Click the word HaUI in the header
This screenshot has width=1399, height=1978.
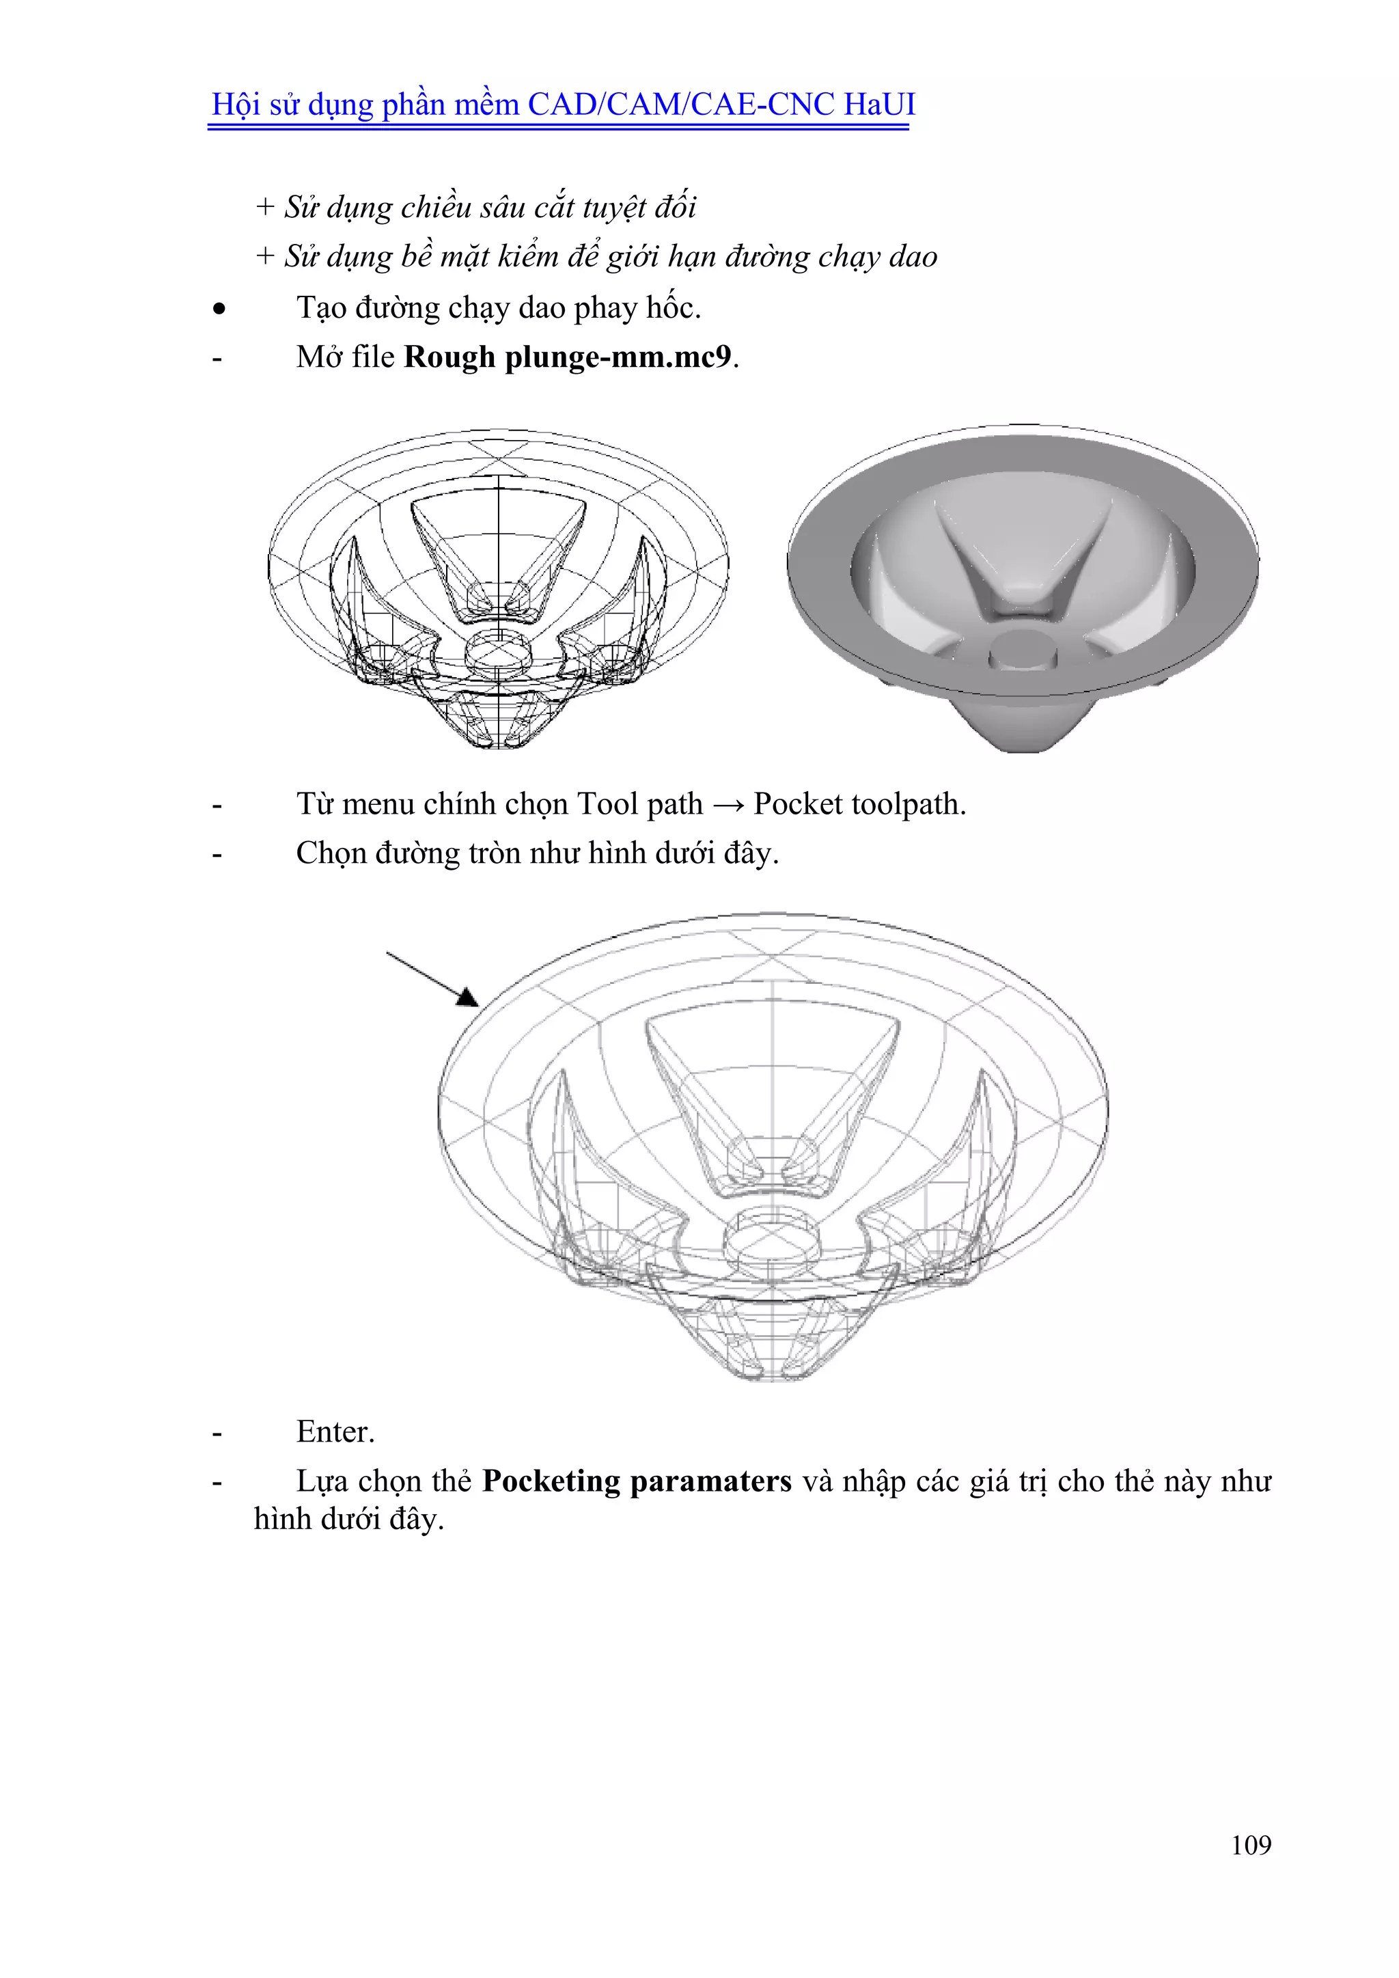click(x=878, y=105)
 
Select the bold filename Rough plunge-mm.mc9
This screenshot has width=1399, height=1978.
click(x=568, y=357)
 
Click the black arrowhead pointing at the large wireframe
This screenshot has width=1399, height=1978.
click(x=468, y=998)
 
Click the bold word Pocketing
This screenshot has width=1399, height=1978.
click(x=551, y=1481)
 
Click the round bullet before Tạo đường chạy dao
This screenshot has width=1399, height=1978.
click(x=220, y=308)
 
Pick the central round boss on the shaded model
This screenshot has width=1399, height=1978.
click(x=1023, y=648)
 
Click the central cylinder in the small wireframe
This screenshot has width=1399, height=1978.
click(x=498, y=653)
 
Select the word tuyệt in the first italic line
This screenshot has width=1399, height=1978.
click(x=614, y=207)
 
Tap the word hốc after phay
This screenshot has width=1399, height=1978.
click(x=673, y=307)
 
